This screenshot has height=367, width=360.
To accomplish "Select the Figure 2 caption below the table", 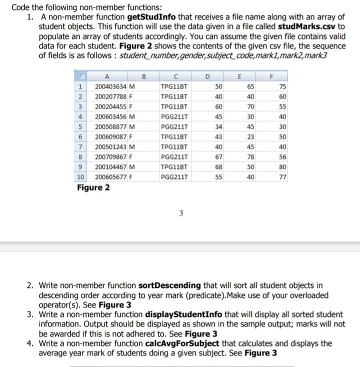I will (93, 187).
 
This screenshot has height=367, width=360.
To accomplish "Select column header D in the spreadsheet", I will (208, 76).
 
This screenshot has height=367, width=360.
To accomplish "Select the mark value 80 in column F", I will (283, 167).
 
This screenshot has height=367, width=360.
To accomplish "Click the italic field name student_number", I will (143, 55).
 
